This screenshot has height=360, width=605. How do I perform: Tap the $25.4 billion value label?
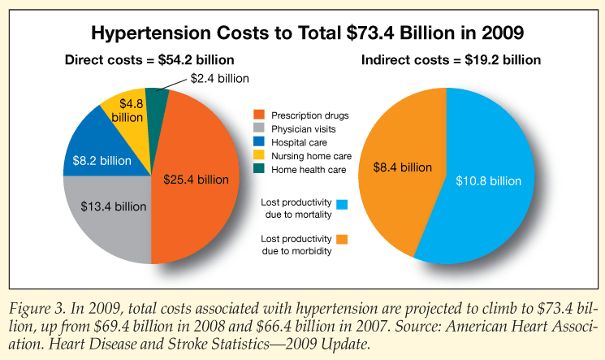pos(200,179)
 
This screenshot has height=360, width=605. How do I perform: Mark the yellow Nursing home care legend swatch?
pos(260,155)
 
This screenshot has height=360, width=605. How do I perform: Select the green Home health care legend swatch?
pos(260,169)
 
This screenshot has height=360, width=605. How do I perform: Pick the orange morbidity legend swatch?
pos(341,240)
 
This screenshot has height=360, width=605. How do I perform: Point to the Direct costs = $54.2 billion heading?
pos(149,59)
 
